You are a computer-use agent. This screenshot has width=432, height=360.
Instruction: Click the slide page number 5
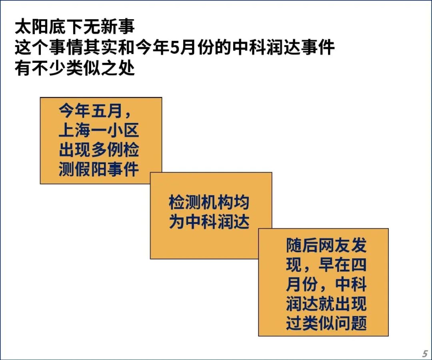coord(425,353)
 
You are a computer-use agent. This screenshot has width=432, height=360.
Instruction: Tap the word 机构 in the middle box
coord(217,202)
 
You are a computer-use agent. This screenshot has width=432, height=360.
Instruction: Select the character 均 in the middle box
coord(241,202)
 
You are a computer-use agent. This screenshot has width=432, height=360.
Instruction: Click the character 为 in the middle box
coord(177,222)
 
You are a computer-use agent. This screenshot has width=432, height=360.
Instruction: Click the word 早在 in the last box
coord(334,265)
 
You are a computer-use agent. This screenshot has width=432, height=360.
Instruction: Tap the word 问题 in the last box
coord(350,323)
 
